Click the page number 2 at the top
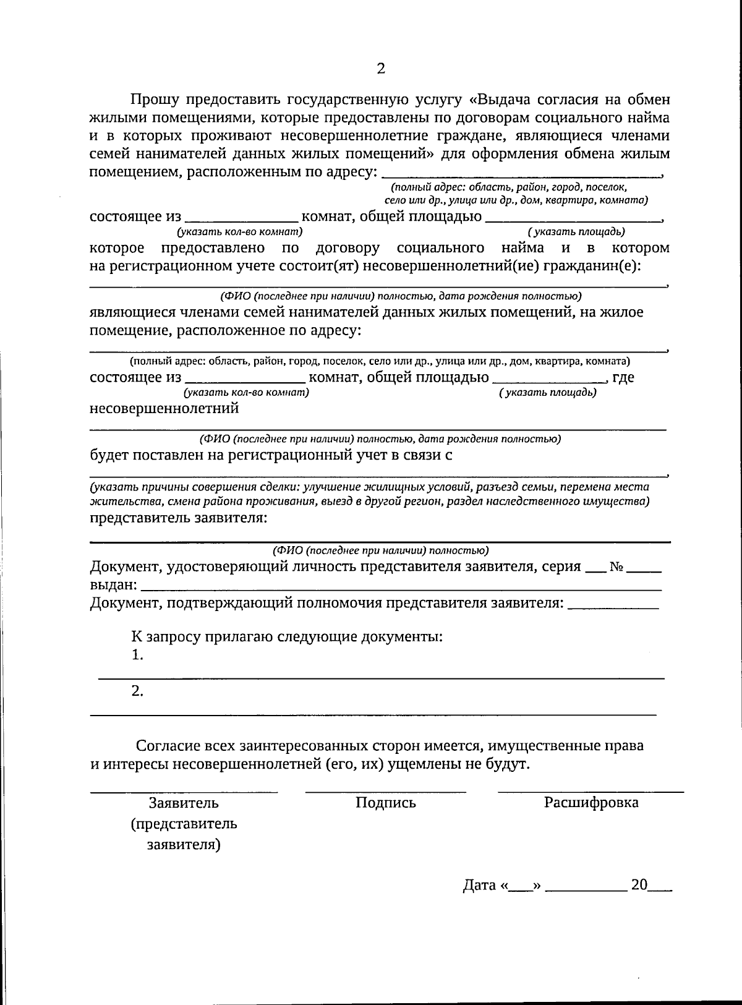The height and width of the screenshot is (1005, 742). (380, 69)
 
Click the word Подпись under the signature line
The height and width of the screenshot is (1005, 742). (385, 803)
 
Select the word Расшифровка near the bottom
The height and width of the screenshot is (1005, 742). (591, 803)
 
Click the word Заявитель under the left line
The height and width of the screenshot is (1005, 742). (184, 803)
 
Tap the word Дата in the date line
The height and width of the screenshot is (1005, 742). (479, 886)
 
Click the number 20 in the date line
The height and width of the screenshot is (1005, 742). (639, 885)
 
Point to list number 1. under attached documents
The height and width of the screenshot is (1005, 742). (137, 655)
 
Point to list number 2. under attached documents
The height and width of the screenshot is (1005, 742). (137, 691)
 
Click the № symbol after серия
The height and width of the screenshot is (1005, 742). (616, 567)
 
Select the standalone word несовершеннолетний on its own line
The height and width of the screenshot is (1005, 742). (164, 408)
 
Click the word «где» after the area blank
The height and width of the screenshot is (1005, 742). (623, 377)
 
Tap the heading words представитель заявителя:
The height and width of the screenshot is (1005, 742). (179, 518)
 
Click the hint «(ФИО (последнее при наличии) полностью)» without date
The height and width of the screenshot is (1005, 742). (380, 550)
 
